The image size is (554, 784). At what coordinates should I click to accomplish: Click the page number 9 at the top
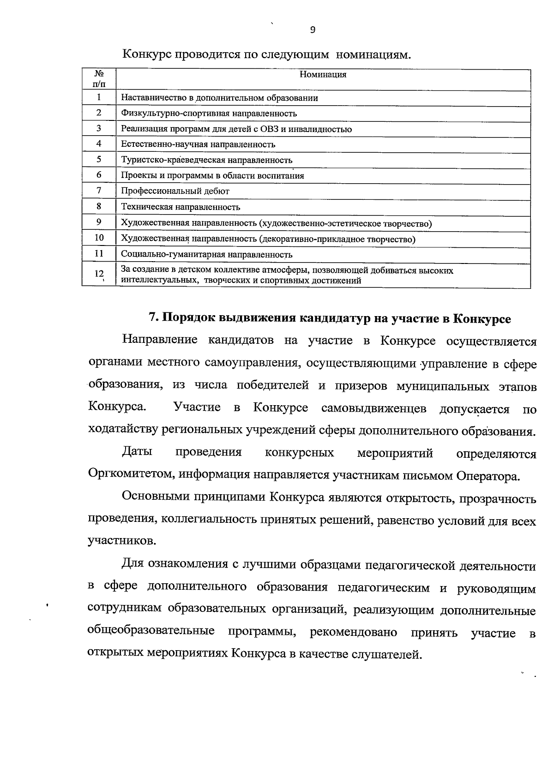tap(313, 30)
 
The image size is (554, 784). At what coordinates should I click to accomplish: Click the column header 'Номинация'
tap(323, 75)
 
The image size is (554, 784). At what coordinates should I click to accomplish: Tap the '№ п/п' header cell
tap(99, 79)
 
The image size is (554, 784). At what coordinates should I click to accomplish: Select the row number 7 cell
tap(99, 190)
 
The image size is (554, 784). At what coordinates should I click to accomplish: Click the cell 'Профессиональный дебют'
tap(175, 191)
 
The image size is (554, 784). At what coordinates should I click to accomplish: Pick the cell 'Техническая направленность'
tap(181, 207)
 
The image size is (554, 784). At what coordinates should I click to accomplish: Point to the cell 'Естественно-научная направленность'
tap(198, 144)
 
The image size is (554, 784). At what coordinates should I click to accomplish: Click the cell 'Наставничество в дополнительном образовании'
tap(219, 98)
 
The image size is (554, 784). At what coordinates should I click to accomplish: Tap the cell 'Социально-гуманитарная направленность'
tap(206, 254)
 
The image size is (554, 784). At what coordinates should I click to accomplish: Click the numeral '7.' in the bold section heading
tap(153, 319)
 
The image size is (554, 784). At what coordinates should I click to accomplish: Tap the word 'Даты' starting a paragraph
tap(137, 452)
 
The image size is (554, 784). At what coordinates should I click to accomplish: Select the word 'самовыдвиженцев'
tap(373, 408)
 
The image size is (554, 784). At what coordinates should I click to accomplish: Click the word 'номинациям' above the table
tap(373, 55)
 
